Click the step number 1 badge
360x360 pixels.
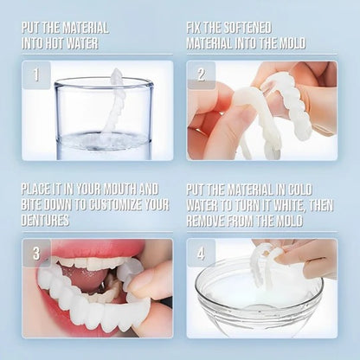36,75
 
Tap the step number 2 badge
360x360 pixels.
201,75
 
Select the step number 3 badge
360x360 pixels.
36,254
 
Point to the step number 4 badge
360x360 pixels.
201,254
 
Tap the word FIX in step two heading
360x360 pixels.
196,26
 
